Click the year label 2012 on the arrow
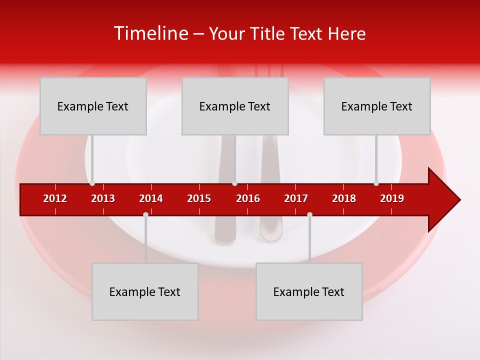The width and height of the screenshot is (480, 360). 55,198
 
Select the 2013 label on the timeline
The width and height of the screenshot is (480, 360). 103,198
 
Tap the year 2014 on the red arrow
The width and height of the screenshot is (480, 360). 151,198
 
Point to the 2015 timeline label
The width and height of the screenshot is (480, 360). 199,198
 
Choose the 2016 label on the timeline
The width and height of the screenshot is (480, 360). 248,198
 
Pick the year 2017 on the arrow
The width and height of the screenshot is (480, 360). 296,198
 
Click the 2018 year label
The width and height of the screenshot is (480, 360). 344,198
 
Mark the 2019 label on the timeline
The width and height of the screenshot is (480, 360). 392,198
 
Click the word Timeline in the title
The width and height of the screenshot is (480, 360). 150,33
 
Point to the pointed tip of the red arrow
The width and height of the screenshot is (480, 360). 459,200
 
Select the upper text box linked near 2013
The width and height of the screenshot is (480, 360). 93,106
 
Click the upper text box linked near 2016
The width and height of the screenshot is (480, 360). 235,106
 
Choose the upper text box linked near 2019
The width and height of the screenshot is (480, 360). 377,106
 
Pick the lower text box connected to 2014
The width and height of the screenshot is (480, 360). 145,291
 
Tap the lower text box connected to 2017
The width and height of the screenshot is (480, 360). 309,291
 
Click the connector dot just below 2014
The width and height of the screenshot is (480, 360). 145,214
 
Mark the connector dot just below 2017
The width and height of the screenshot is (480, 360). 309,214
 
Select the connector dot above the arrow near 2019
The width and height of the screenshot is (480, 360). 376,183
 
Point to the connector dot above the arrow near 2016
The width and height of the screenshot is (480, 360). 234,183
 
